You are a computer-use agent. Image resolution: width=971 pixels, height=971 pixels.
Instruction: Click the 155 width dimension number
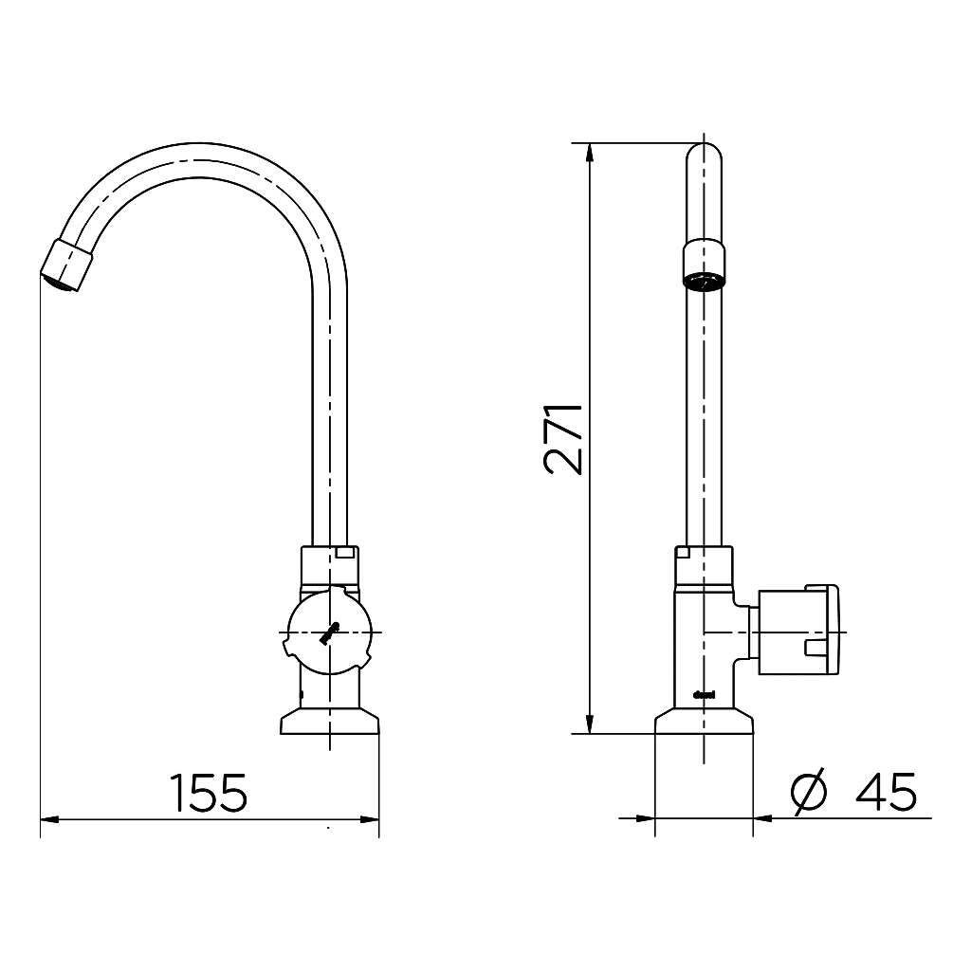pyautogui.click(x=209, y=792)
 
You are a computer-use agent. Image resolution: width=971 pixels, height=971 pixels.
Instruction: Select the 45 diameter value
pyautogui.click(x=886, y=792)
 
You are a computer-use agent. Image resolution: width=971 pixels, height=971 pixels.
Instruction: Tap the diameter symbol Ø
pyautogui.click(x=809, y=792)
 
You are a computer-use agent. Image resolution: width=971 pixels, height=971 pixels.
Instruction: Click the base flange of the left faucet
pyautogui.click(x=330, y=723)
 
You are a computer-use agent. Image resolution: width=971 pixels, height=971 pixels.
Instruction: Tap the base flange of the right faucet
pyautogui.click(x=705, y=723)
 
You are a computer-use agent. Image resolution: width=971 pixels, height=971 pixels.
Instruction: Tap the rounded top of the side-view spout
pyautogui.click(x=704, y=150)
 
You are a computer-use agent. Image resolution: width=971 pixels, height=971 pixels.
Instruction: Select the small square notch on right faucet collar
pyautogui.click(x=682, y=552)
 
